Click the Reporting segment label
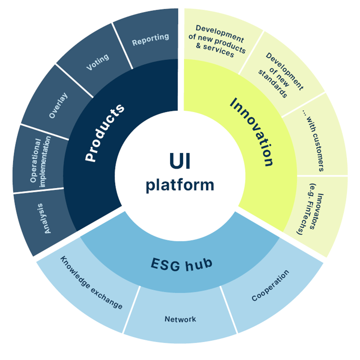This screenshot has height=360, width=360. (150, 39)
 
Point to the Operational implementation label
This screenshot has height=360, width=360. (41, 162)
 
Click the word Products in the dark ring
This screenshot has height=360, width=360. (104, 133)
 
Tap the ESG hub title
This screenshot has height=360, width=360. (181, 264)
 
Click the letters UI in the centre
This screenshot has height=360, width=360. (180, 161)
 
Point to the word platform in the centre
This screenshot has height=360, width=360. (180, 185)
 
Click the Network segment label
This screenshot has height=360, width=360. (180, 319)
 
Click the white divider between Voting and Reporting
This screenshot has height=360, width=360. (123, 46)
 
